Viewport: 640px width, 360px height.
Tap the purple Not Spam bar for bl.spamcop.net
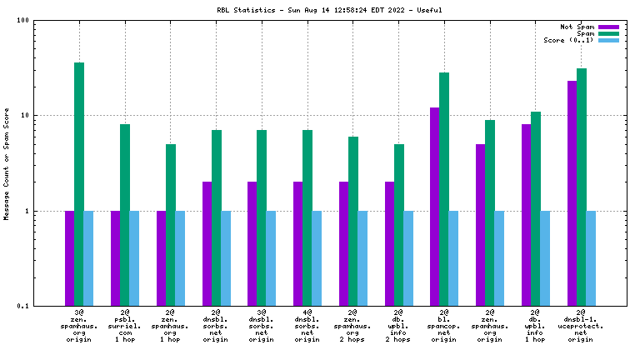coord(435,207)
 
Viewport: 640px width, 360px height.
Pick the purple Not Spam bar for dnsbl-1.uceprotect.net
coord(572,193)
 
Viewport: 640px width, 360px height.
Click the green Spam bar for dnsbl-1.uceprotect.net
coord(582,187)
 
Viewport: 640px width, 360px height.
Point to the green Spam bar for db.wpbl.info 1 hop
coord(536,208)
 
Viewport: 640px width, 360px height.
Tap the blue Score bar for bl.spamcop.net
coord(453,258)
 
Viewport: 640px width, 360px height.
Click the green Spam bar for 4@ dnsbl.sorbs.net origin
coord(307,217)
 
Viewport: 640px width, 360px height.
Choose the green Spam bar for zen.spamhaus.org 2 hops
coord(353,221)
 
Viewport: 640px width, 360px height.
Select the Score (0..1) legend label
coord(562,40)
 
